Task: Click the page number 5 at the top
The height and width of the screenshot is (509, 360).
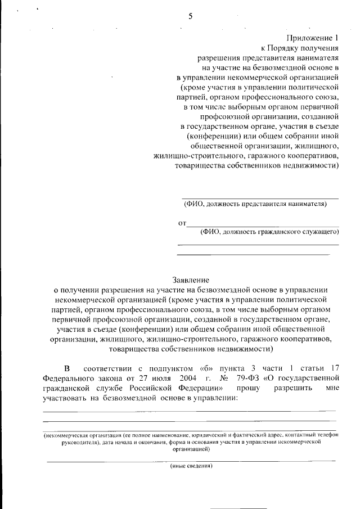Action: (x=191, y=16)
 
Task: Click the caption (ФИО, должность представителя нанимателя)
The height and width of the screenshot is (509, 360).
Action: (x=255, y=204)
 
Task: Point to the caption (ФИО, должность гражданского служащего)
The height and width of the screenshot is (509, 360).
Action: (x=269, y=232)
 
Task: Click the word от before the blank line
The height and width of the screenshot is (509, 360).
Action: (x=182, y=223)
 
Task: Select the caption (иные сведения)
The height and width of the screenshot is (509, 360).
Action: (x=191, y=466)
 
